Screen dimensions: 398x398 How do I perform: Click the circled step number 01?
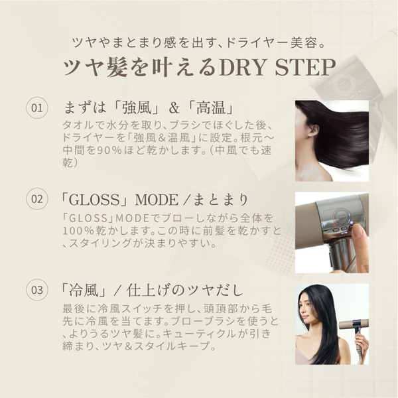(37, 107)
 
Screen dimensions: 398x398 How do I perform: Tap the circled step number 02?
(37, 198)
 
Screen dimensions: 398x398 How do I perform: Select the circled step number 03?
(37, 290)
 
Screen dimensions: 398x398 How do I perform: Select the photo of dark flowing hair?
(331, 141)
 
